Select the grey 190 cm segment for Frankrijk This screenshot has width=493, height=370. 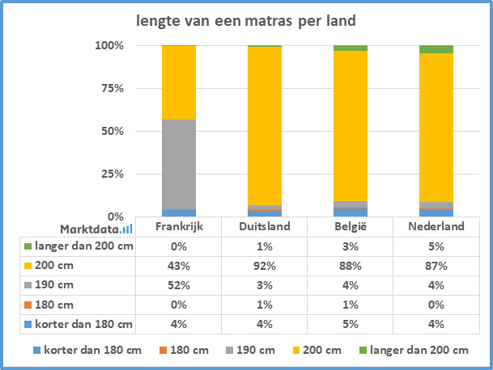coord(179,164)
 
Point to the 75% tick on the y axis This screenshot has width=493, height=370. coord(112,88)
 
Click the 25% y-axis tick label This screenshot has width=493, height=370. coord(112,174)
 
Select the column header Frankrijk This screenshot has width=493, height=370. coord(179,226)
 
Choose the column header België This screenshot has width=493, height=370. coord(351,226)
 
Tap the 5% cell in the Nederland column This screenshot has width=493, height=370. coord(436,246)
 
